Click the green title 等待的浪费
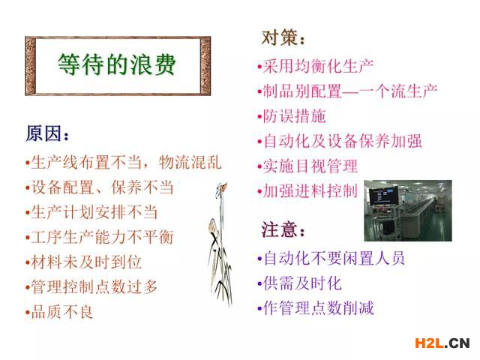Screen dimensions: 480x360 [x=117, y=64]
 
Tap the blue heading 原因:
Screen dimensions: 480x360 [x=47, y=133]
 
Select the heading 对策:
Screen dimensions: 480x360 [x=283, y=38]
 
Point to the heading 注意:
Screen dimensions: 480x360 [x=283, y=229]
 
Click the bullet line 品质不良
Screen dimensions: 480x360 [x=59, y=312]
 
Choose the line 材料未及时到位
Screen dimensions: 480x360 [x=83, y=262]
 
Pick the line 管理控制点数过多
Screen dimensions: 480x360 [x=91, y=287]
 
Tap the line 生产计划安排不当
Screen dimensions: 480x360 [x=91, y=212]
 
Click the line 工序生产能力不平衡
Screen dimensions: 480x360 [x=99, y=237]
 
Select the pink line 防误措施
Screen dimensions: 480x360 [x=292, y=116]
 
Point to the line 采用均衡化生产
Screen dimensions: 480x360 [x=315, y=66]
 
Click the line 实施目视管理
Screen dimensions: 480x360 [x=307, y=166]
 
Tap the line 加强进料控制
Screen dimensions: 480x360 [x=307, y=191]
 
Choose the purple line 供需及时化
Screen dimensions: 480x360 [x=299, y=283]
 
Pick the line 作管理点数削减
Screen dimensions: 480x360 [x=315, y=308]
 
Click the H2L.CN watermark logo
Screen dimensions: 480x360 [x=442, y=343]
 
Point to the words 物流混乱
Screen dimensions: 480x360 [x=190, y=162]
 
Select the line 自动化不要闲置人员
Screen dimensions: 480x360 [x=331, y=258]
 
